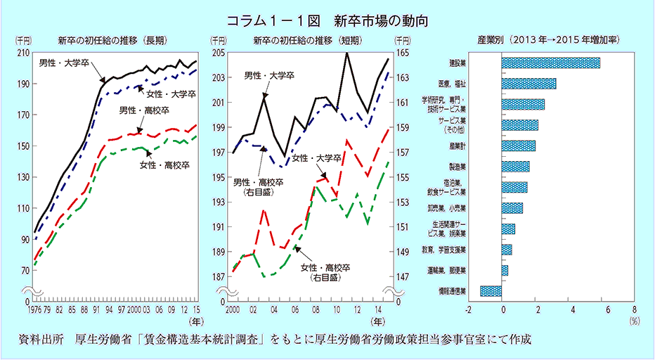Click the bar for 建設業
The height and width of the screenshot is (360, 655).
pos(551,63)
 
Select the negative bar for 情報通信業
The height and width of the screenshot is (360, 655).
pos(491,290)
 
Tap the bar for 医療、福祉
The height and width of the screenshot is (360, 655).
pos(528,84)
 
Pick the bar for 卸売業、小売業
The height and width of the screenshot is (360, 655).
pos(512,208)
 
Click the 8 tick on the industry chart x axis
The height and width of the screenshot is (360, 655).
pos(634,309)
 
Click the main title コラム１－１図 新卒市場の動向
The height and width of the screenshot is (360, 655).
pos(327,19)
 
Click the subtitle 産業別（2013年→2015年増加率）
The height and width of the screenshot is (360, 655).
pos(547,40)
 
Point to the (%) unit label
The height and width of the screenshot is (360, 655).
pos(634,320)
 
